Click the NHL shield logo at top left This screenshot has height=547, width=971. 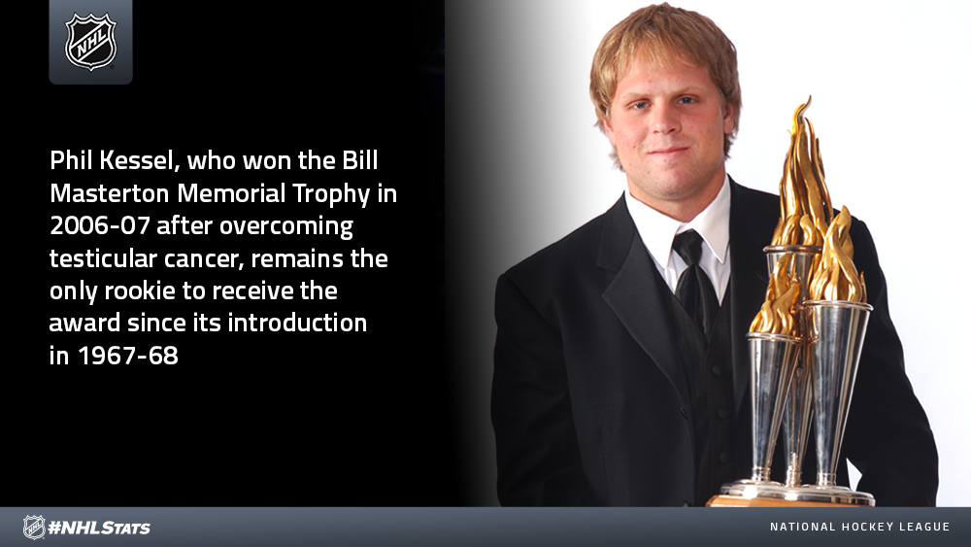[x=90, y=42]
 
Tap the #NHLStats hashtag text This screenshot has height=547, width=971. [x=99, y=528]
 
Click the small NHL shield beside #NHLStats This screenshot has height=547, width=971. [x=34, y=528]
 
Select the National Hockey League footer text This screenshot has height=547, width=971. [x=859, y=527]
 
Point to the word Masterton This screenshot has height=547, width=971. [x=110, y=193]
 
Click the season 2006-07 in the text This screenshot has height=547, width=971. [x=100, y=225]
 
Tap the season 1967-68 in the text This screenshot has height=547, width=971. [x=128, y=356]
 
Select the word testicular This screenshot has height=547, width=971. [x=103, y=258]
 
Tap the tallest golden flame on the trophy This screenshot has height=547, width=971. [x=803, y=174]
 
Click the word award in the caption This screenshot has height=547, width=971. [x=84, y=323]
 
